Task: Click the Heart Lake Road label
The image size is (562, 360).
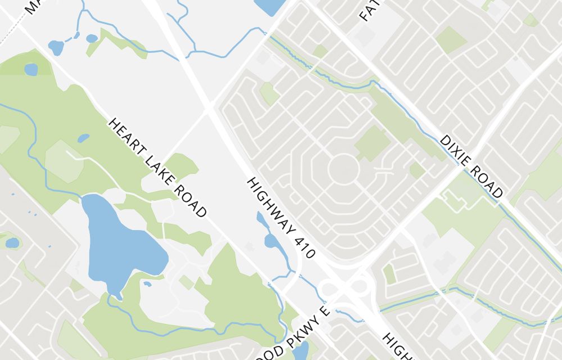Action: click(x=158, y=168)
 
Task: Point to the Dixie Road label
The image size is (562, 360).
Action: click(x=471, y=166)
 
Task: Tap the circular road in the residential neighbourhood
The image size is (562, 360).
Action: click(x=343, y=169)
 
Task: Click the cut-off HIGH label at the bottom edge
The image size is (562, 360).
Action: click(x=396, y=346)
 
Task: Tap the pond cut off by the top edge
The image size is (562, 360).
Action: click(x=270, y=6)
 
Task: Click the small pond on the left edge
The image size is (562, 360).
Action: click(x=11, y=243)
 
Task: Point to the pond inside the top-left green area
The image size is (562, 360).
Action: click(x=31, y=69)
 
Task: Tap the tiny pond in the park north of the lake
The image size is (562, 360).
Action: click(x=83, y=138)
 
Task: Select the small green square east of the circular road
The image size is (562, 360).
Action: click(x=417, y=170)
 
